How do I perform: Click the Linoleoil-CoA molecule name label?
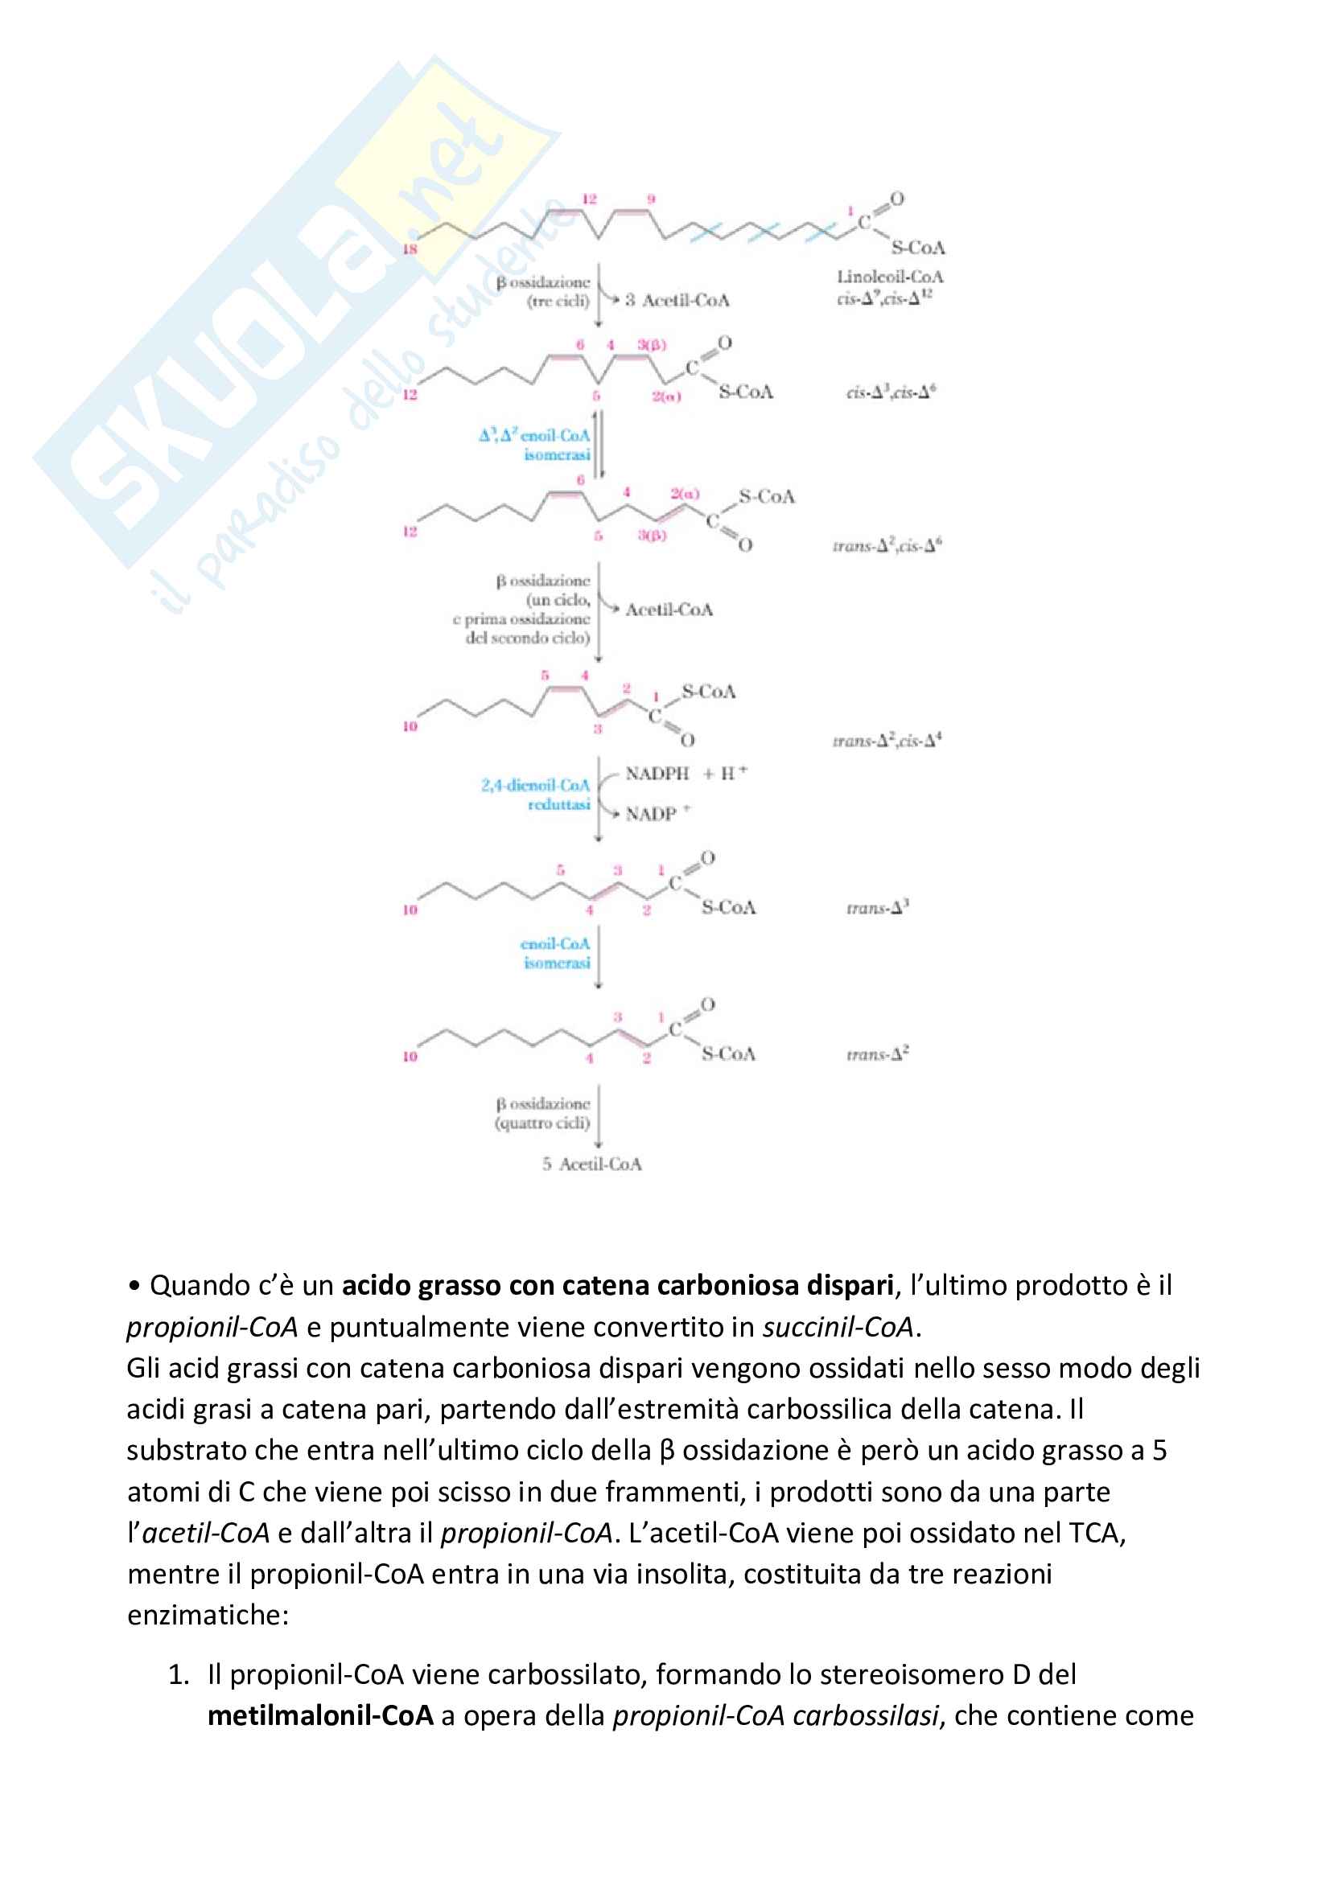click(x=889, y=277)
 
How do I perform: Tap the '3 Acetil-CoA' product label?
click(x=677, y=301)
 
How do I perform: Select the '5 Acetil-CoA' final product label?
click(x=591, y=1164)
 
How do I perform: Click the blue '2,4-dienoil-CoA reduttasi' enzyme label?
click(x=536, y=795)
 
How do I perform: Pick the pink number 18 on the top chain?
click(x=410, y=249)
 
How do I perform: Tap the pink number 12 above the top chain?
click(x=589, y=199)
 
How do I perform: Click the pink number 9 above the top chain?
click(x=652, y=199)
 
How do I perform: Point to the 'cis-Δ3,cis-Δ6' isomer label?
click(x=891, y=392)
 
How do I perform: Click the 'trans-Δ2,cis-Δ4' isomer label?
click(x=887, y=741)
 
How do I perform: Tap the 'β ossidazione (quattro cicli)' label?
click(x=542, y=1113)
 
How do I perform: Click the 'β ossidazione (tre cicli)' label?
click(x=543, y=292)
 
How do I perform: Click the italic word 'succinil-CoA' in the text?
click(x=838, y=1326)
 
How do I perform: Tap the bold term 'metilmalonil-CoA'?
click(x=320, y=1715)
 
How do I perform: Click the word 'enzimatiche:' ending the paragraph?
click(x=208, y=1615)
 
